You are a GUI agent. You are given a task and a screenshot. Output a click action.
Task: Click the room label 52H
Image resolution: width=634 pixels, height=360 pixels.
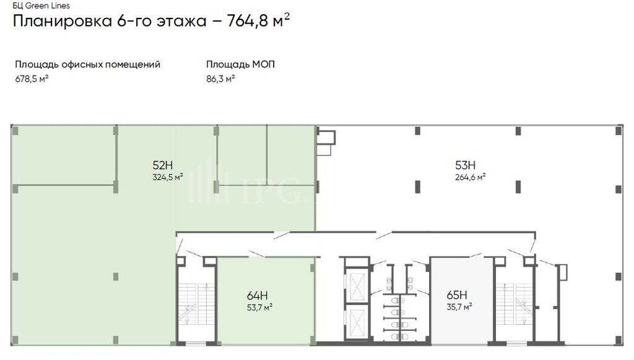tap(163, 165)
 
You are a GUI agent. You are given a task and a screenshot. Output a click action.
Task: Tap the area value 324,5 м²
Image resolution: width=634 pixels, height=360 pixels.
tap(168, 177)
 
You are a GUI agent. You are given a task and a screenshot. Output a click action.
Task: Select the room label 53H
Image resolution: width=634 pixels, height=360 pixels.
tap(466, 165)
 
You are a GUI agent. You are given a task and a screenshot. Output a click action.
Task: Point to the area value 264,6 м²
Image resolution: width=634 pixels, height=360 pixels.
tap(471, 177)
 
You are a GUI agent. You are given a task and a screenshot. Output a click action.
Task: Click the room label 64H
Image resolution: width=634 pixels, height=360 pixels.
tap(257, 296)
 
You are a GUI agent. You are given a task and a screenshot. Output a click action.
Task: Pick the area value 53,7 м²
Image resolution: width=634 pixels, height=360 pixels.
tap(259, 307)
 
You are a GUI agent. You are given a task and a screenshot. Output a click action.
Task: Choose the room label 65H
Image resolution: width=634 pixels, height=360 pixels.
tap(457, 295)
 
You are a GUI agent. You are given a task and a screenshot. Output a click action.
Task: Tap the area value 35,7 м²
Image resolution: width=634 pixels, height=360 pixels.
tap(459, 307)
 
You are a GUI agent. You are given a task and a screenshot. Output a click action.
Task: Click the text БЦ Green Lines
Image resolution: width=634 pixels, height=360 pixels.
tap(41, 6)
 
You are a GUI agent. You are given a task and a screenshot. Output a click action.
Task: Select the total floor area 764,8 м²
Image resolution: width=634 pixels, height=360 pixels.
tap(258, 20)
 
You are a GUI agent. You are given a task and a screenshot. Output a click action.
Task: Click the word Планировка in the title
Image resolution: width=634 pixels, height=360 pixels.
tap(63, 21)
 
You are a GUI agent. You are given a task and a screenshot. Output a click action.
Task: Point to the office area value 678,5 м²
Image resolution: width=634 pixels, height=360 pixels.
tap(32, 79)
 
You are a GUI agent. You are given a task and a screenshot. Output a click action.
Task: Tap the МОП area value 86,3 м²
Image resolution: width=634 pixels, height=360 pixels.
tap(220, 79)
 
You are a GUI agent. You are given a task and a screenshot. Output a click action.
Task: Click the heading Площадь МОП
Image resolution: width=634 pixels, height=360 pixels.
tap(241, 64)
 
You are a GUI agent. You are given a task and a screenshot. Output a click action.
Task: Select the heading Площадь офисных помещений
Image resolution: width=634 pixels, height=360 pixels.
tap(88, 64)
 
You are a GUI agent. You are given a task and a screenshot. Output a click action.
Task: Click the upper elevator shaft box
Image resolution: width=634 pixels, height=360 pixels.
tap(357, 287)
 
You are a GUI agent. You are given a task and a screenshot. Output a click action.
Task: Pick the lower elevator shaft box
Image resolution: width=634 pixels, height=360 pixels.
tap(357, 323)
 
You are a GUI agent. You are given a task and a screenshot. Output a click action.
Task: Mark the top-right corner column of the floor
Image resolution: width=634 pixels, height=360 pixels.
tap(619, 131)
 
